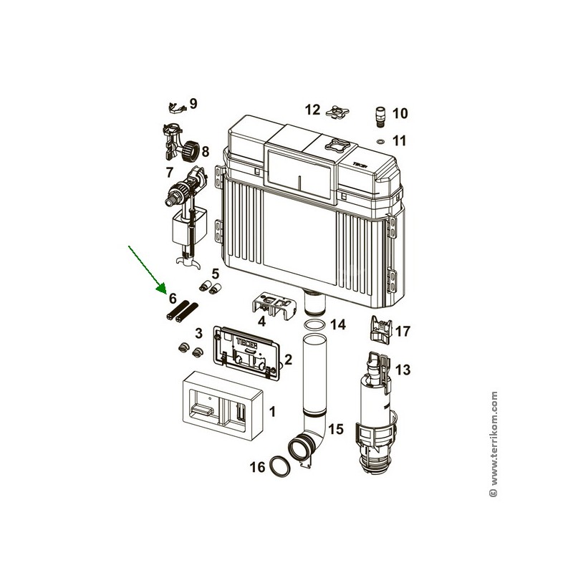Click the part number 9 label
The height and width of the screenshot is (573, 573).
(x=193, y=103)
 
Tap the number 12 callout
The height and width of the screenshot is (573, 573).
(x=312, y=110)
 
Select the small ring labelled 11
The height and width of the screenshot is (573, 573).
(x=380, y=140)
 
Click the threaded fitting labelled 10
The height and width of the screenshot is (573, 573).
(x=380, y=117)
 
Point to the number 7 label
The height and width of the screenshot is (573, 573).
(x=169, y=172)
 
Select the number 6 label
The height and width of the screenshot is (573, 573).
(x=173, y=299)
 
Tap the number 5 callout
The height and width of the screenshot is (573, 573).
(x=216, y=274)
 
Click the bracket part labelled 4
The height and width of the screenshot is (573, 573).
(x=273, y=306)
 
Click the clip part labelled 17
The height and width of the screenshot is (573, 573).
(x=381, y=329)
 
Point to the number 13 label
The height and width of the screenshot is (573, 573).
(x=403, y=370)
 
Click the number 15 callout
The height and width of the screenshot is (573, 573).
(x=336, y=428)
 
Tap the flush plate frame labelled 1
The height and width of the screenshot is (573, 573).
(x=223, y=405)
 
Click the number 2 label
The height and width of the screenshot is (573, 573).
(x=289, y=360)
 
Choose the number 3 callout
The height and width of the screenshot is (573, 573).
(x=198, y=333)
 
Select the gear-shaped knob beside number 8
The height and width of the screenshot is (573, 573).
(x=191, y=150)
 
